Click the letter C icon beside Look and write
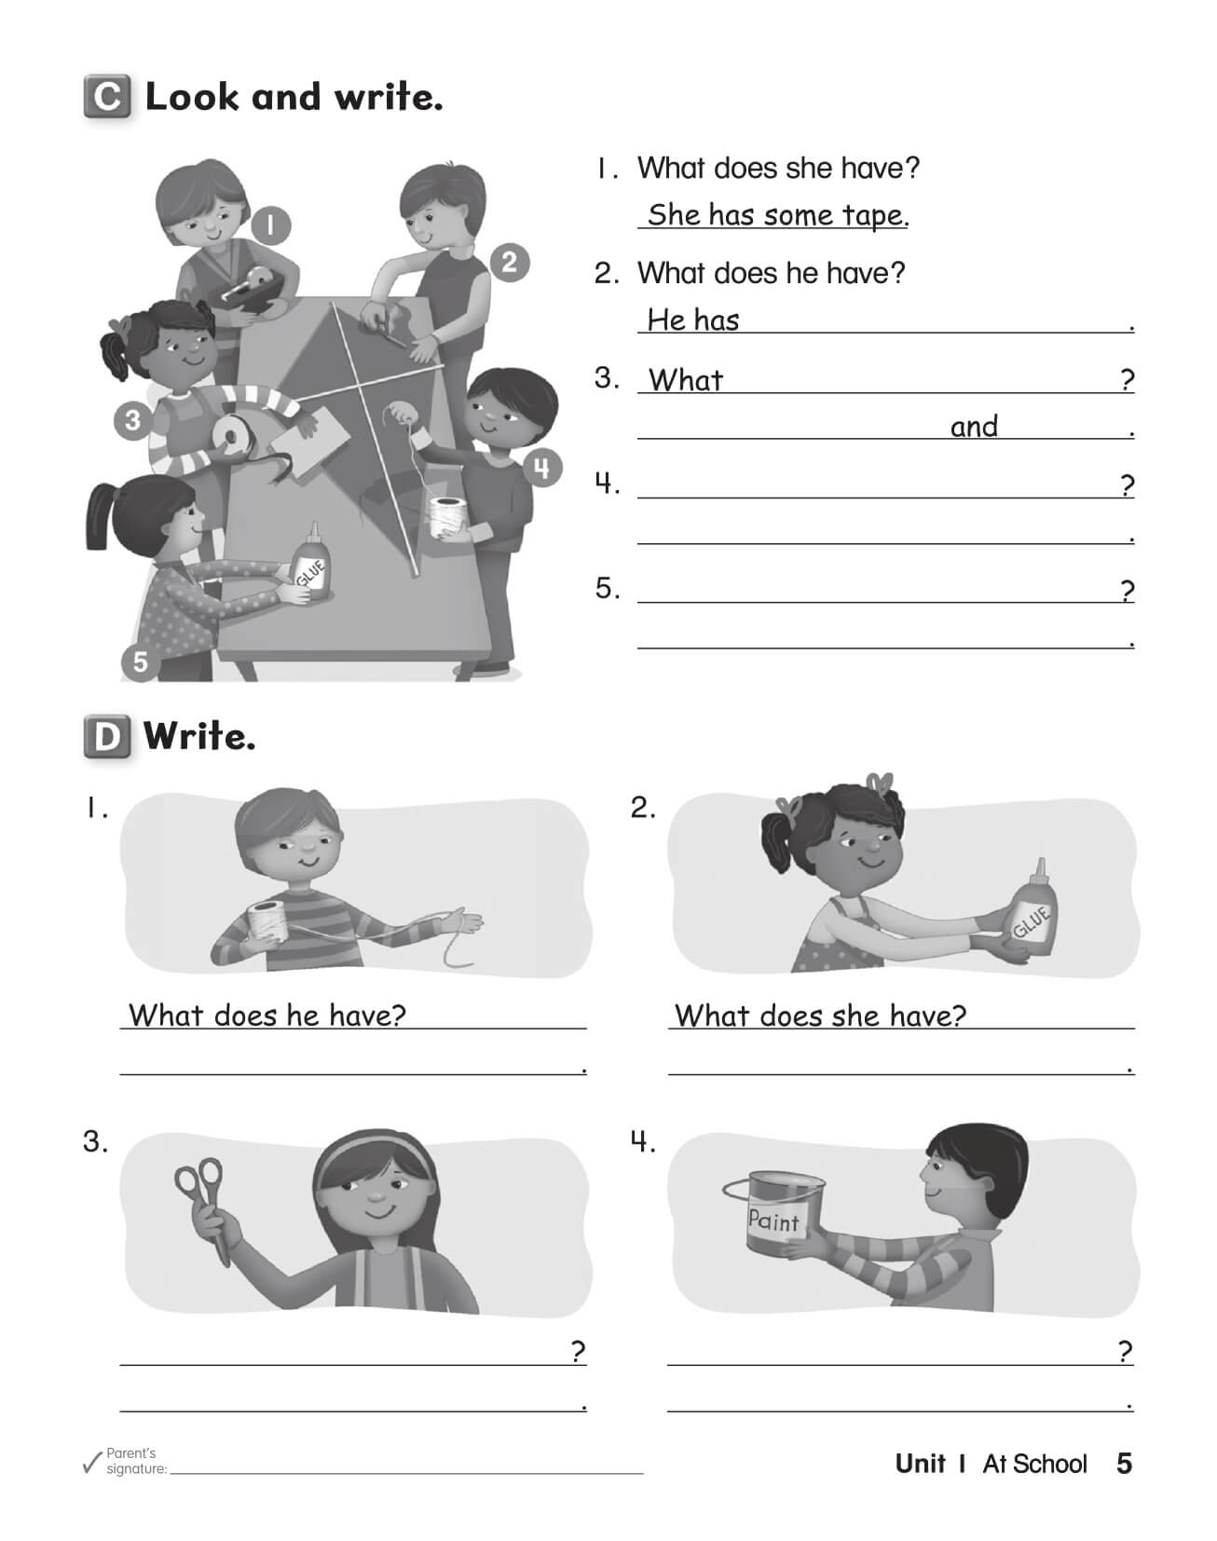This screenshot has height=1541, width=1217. pyautogui.click(x=107, y=97)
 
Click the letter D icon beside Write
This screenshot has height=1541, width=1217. pyautogui.click(x=107, y=737)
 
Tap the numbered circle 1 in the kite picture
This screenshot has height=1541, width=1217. pyautogui.click(x=269, y=225)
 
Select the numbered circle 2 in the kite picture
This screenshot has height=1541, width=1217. pyautogui.click(x=509, y=263)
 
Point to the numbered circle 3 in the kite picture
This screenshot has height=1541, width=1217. pyautogui.click(x=132, y=420)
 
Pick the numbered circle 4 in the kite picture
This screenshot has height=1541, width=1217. pyautogui.click(x=542, y=467)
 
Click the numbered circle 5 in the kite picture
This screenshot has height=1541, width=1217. pyautogui.click(x=140, y=661)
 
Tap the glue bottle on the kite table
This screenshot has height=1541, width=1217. pyautogui.click(x=310, y=565)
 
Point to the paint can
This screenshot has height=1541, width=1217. pyautogui.click(x=774, y=1211)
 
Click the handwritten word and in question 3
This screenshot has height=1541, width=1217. pyautogui.click(x=974, y=427)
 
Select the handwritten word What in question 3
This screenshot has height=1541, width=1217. pyautogui.click(x=686, y=380)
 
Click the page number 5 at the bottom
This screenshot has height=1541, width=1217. pyautogui.click(x=1124, y=1464)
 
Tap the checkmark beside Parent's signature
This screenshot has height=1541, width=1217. pyautogui.click(x=91, y=1464)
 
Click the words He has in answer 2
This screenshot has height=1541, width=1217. pyautogui.click(x=693, y=320)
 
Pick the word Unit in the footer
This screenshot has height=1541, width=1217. pyautogui.click(x=920, y=1464)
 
